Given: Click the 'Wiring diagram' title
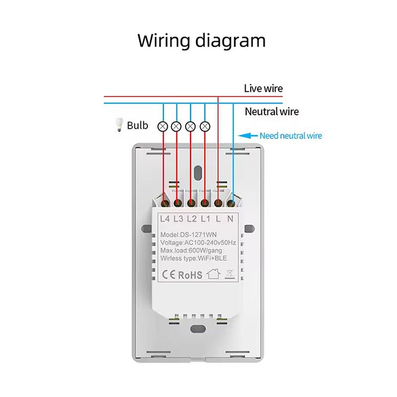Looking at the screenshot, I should (x=201, y=40).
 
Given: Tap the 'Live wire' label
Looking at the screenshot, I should (x=263, y=89).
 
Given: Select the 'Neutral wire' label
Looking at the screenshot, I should (x=272, y=112).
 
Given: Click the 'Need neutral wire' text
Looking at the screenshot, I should (x=290, y=135).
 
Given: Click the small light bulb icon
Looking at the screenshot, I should (x=119, y=126).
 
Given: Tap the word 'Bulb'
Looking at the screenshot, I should (x=137, y=125).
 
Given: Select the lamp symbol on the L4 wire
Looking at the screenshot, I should (x=162, y=126).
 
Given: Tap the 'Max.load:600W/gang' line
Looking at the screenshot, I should (x=195, y=251).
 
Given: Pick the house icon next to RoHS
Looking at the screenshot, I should (x=212, y=273).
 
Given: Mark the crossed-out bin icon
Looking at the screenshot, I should (x=229, y=273).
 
